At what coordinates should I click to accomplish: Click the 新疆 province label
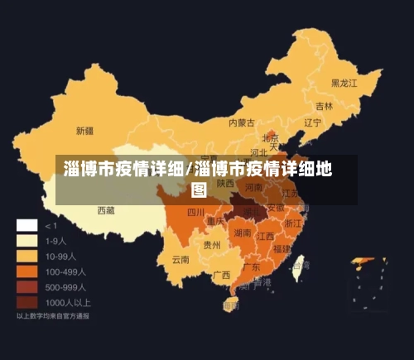coord(84,131)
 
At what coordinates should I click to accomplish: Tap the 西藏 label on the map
coord(106,211)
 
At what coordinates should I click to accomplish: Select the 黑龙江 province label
coord(344,84)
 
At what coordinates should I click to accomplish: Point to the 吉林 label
coord(324,107)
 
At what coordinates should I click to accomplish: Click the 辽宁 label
coord(312,123)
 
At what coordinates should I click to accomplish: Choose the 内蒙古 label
coord(243,122)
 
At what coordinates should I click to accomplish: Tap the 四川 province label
coord(195,213)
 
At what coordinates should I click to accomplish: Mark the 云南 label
coord(181,260)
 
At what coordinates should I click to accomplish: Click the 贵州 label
coord(212,245)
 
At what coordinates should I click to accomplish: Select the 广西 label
coord(221,275)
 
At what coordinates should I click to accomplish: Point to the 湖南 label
coord(243,233)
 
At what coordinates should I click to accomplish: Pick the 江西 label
coord(266,236)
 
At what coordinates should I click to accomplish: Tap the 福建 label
coord(282,248)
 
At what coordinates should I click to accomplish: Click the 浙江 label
coord(293,223)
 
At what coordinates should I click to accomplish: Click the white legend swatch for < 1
coord(27,225)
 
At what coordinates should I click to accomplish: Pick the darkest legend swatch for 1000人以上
coord(27,302)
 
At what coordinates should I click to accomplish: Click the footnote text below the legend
coord(54,316)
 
